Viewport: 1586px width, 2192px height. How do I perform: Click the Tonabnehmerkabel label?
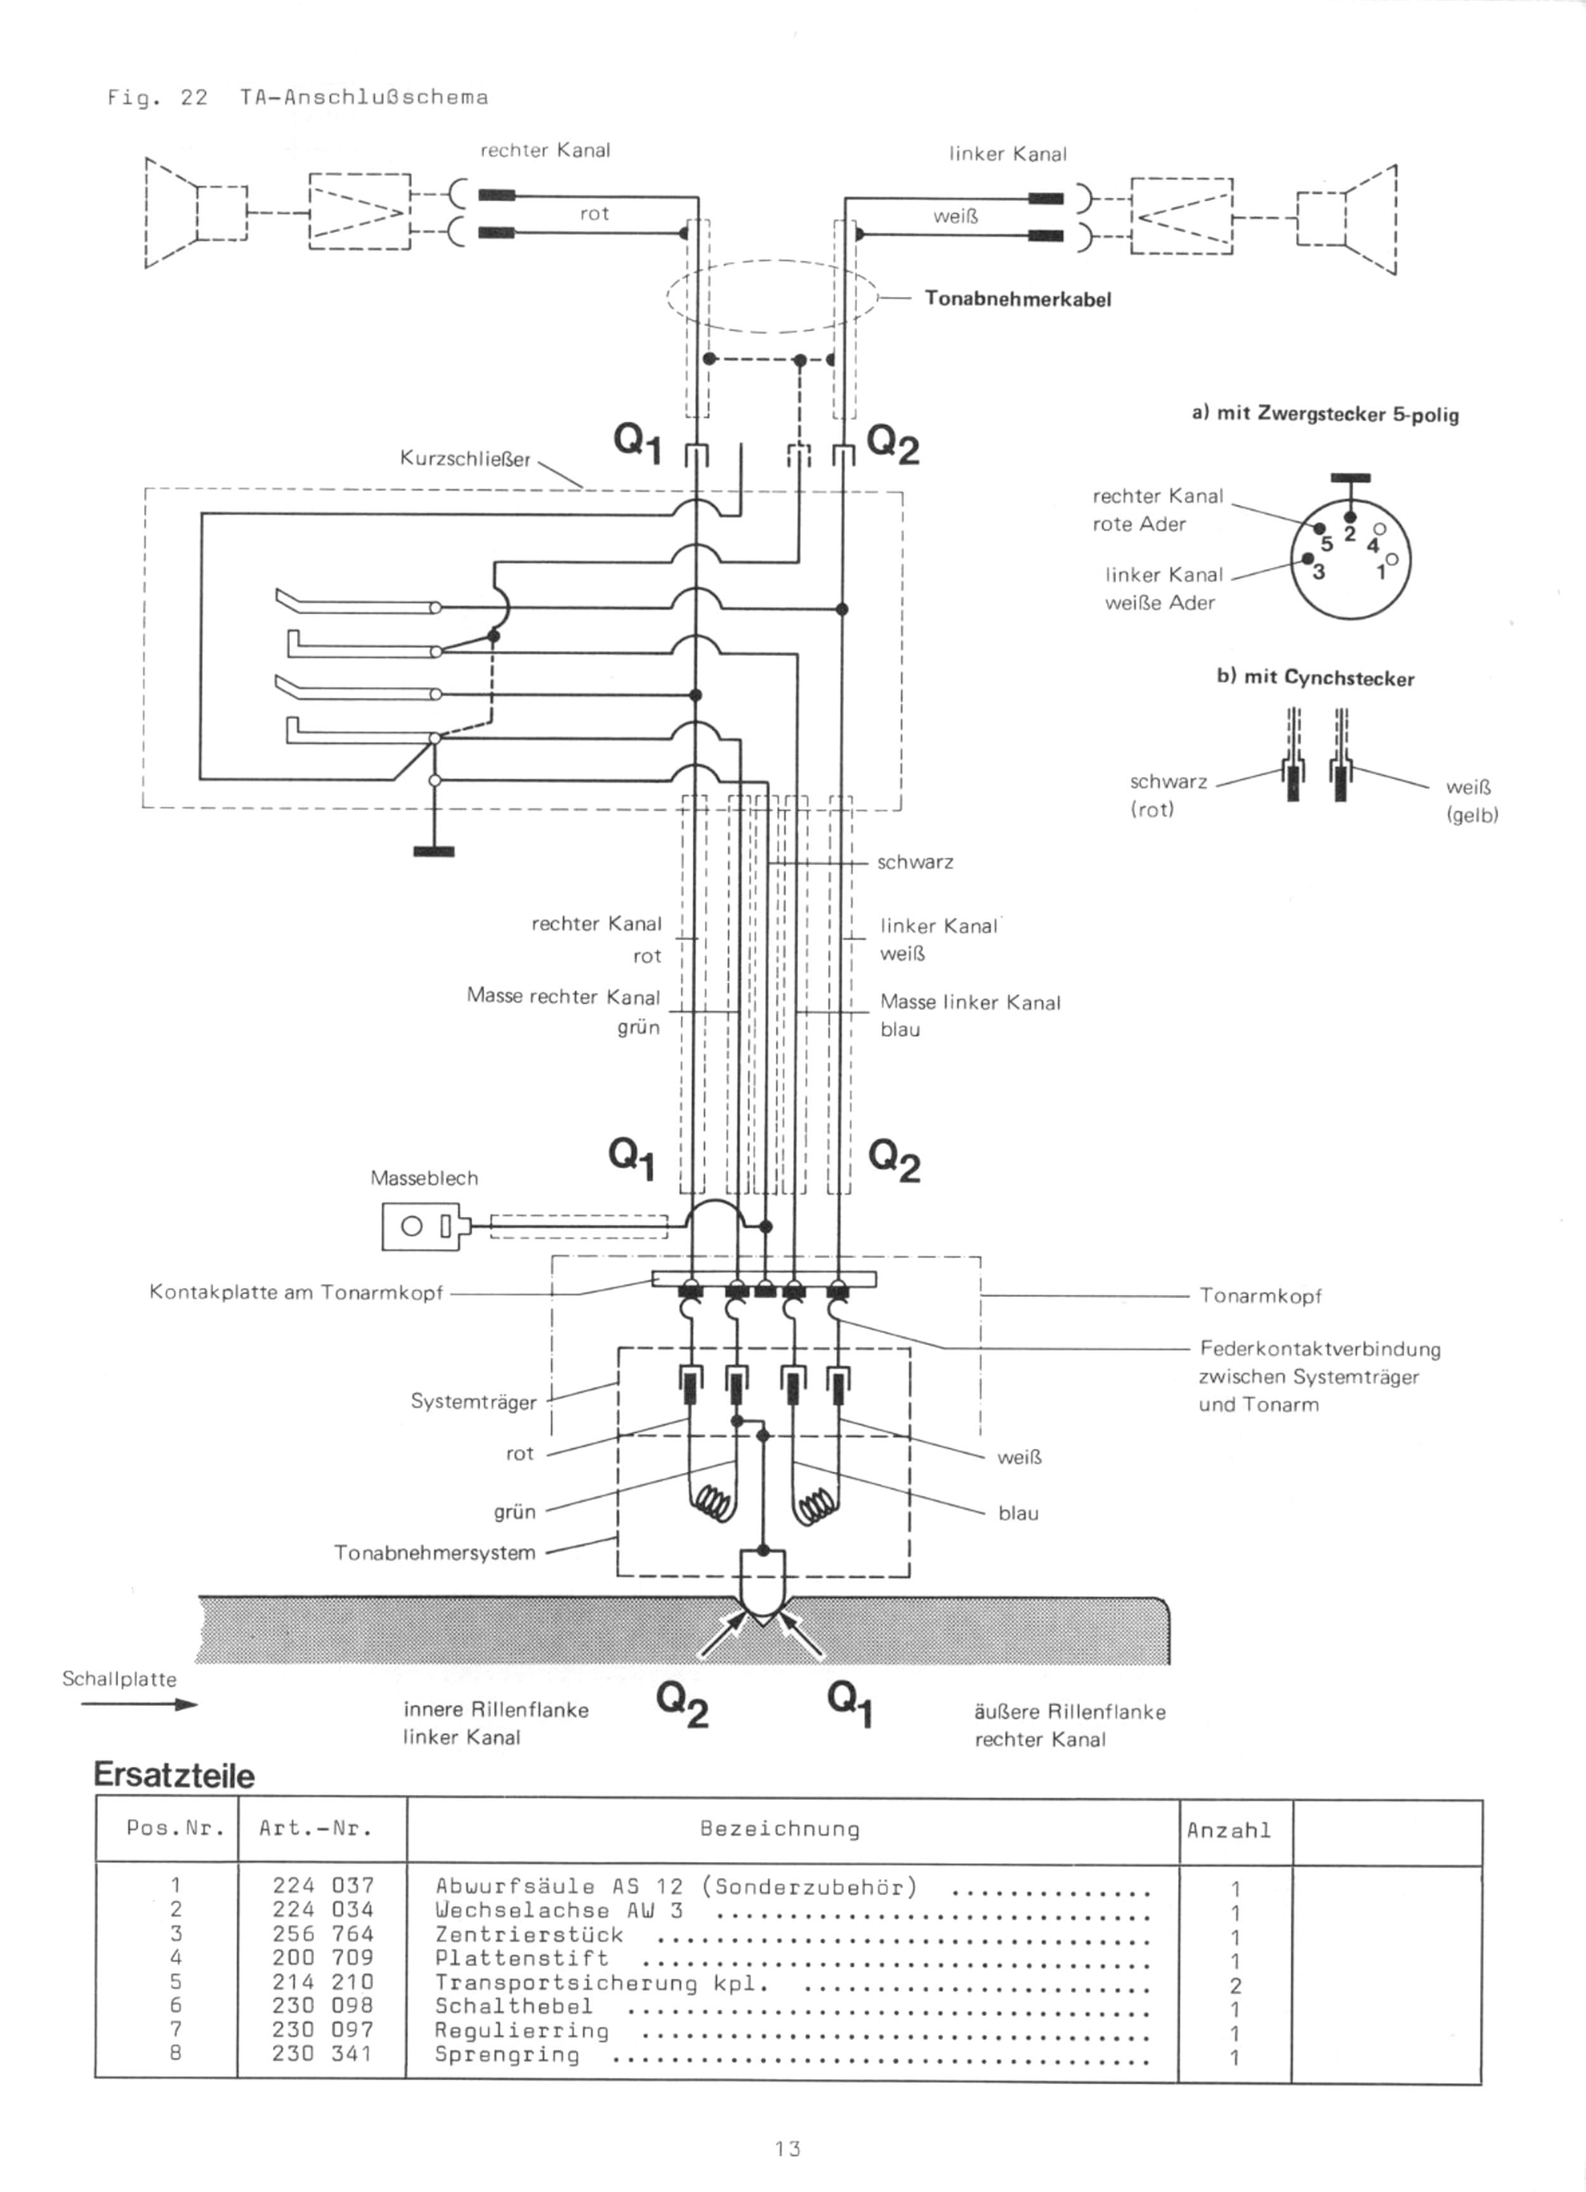(1018, 299)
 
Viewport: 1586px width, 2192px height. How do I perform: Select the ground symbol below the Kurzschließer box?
(434, 851)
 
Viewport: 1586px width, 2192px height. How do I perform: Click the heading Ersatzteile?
(174, 1775)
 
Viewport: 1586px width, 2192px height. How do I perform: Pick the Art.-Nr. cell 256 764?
(322, 1934)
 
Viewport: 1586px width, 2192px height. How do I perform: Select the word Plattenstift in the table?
(522, 1958)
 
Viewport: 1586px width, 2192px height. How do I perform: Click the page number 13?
(788, 2148)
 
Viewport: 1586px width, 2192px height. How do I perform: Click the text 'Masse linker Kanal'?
(971, 1002)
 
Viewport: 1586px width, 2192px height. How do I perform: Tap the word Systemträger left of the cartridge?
(473, 1401)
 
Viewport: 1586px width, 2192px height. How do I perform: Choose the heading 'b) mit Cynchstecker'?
(1314, 678)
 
